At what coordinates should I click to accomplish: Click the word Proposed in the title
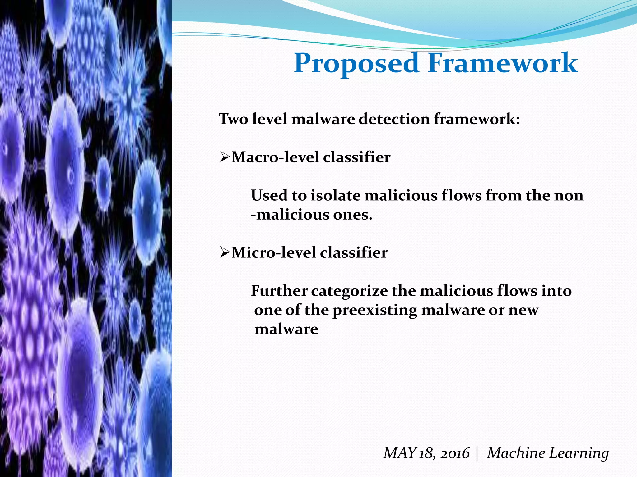356,64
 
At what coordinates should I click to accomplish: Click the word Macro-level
275,157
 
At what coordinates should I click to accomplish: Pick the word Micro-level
273,252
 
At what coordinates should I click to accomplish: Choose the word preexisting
374,310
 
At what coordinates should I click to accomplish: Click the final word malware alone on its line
286,329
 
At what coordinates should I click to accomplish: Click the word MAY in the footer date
399,453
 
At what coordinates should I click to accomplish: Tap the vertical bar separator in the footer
477,453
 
